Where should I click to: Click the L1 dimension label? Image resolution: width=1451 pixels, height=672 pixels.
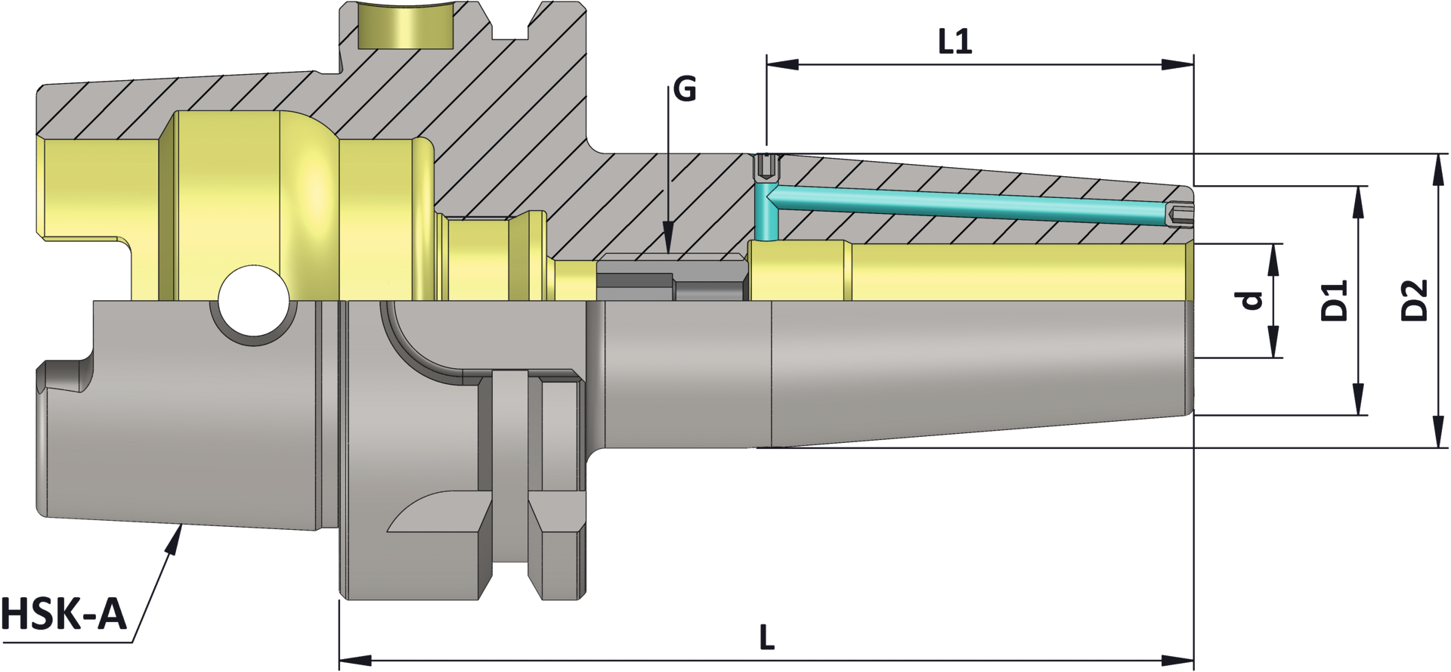click(x=954, y=42)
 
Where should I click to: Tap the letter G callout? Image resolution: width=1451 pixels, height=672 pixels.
click(x=684, y=90)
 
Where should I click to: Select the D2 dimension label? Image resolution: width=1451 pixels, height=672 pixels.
click(x=1414, y=300)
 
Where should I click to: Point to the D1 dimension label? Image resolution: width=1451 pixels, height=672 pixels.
click(x=1334, y=300)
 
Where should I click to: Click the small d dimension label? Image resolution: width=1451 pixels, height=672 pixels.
click(x=1251, y=300)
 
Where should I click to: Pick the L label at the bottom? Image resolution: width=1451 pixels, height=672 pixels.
click(x=766, y=638)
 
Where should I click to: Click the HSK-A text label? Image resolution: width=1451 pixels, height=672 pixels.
click(x=63, y=614)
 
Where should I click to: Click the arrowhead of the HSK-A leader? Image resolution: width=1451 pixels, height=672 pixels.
click(x=175, y=538)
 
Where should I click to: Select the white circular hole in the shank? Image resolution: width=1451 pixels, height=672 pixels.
click(x=254, y=300)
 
